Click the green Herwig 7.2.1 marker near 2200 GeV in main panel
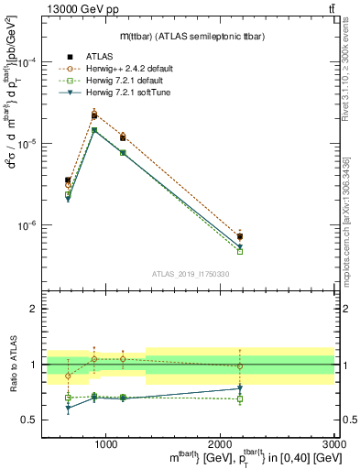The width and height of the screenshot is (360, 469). (x=240, y=251)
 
